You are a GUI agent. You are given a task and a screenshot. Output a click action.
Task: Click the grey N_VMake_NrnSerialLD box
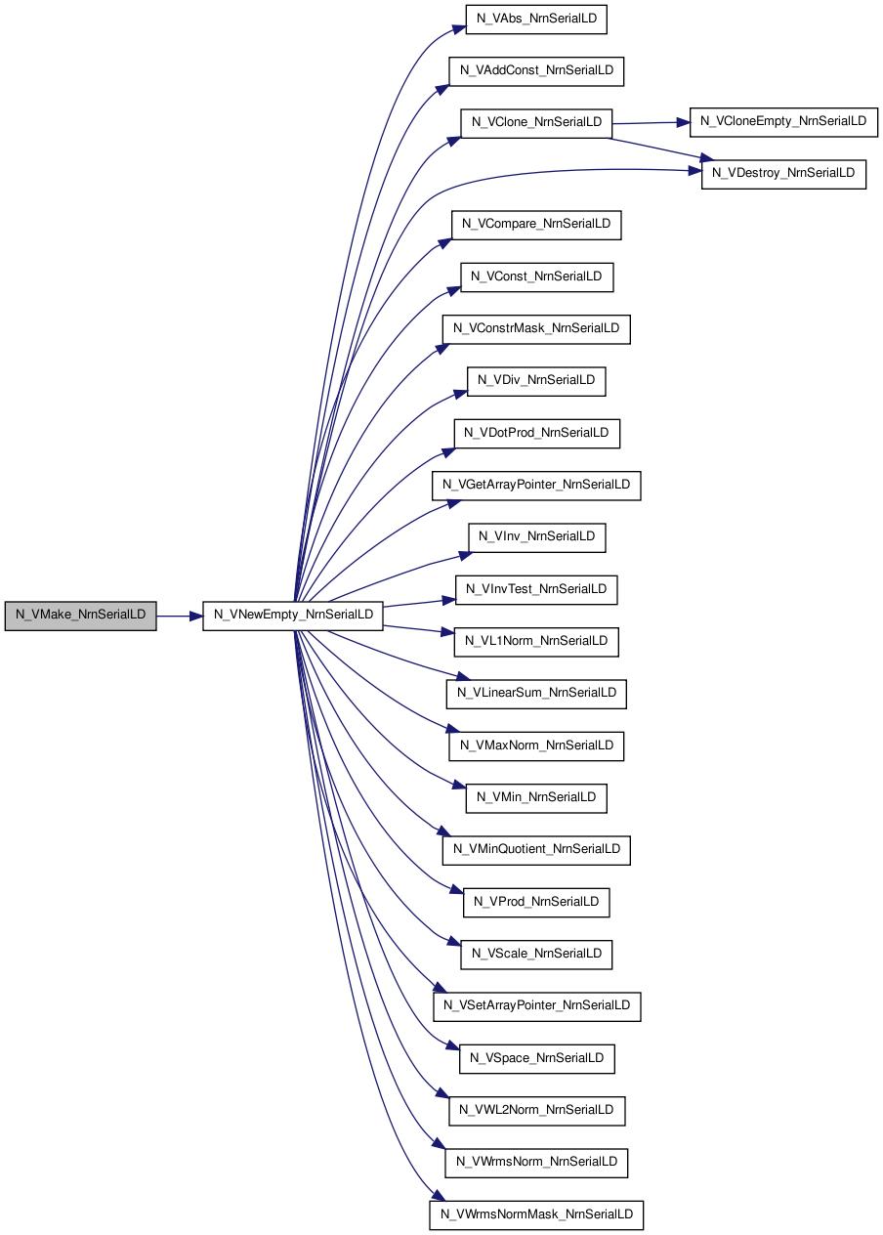80,616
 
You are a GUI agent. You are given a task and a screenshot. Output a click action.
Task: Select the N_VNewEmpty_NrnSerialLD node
293,616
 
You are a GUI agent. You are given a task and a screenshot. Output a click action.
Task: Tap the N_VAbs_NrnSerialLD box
536,20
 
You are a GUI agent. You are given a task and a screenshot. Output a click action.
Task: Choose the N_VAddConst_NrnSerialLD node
536,71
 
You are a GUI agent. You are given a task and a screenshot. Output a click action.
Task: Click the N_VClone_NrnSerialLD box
536,123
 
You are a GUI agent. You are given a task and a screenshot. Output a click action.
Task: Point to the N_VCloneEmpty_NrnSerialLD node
783,122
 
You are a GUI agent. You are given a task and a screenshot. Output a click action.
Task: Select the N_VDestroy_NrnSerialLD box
783,174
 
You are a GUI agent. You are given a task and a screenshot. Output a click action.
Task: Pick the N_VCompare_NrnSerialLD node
536,225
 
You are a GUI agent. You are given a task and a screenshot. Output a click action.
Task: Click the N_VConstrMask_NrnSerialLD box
536,329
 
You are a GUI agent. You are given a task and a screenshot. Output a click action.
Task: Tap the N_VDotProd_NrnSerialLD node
536,434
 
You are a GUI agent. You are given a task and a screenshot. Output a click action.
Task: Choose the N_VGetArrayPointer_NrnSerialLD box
536,486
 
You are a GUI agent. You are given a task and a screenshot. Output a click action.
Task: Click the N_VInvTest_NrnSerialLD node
536,589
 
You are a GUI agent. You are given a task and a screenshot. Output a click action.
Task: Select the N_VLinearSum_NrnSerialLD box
536,694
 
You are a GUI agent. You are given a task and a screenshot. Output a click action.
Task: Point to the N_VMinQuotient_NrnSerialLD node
536,850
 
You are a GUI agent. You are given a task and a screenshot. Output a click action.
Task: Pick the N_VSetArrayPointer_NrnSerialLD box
537,1006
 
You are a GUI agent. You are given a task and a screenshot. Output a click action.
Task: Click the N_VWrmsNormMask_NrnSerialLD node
536,1214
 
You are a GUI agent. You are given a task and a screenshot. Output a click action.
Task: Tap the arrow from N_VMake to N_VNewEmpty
180,616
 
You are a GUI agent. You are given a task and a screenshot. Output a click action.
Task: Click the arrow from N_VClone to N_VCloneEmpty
651,122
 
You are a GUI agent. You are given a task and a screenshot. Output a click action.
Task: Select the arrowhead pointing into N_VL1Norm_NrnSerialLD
447,632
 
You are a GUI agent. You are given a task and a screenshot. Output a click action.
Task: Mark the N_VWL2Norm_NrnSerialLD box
536,1110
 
